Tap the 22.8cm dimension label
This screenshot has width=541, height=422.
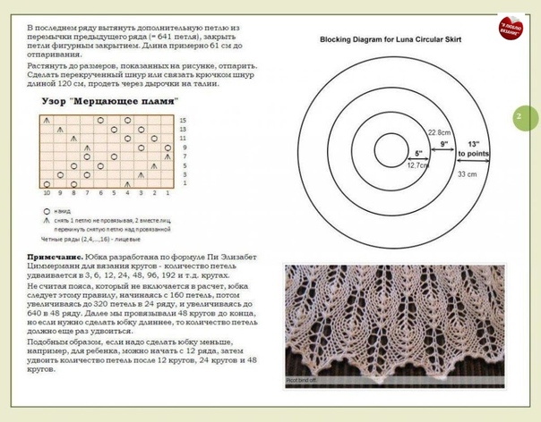point(440,132)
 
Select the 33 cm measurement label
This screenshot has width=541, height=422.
point(467,174)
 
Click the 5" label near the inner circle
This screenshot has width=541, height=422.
point(417,152)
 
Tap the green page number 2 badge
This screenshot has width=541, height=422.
point(525,116)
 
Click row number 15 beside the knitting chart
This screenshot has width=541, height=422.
point(184,120)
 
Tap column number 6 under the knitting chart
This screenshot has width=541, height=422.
point(88,193)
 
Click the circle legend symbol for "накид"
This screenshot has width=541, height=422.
point(46,212)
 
